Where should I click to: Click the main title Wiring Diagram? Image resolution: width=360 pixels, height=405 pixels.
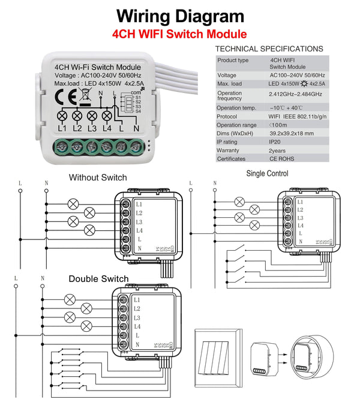[x=180, y=16]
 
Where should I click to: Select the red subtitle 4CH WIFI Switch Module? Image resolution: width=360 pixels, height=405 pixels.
[x=180, y=34]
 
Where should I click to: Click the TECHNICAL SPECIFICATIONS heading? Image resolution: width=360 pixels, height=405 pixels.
[x=269, y=49]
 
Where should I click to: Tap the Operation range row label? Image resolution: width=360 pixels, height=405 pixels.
[x=236, y=125]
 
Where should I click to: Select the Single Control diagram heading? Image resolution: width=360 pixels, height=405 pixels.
[x=267, y=173]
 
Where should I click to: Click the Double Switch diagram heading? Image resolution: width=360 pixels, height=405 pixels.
[x=98, y=278]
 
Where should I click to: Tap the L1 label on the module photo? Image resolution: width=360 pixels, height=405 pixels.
[x=62, y=128]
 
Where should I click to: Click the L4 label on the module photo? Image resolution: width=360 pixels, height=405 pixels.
[x=107, y=128]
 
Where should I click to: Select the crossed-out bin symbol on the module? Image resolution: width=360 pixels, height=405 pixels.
[x=86, y=93]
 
